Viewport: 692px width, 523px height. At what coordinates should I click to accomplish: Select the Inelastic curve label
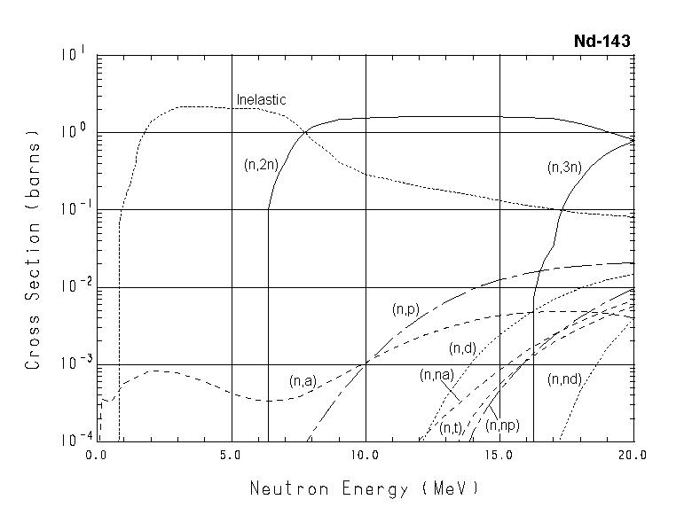tap(261, 100)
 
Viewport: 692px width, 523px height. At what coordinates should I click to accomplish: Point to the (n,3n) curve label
tap(564, 165)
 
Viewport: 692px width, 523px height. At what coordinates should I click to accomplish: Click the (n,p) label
tap(405, 309)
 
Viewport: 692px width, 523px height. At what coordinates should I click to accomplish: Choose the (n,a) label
tap(303, 381)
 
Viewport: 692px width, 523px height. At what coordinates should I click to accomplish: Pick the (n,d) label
tap(463, 347)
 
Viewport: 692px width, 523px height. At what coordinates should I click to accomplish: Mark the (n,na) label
tap(436, 375)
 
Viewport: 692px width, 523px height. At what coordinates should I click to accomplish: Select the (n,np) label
tap(503, 426)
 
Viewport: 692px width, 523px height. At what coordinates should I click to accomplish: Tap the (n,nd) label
tap(565, 379)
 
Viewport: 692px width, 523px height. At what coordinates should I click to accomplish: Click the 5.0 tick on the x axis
tap(231, 455)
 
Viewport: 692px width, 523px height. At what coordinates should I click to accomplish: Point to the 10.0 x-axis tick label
tap(366, 455)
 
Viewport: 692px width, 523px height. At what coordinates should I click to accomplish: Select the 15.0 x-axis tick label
tap(499, 455)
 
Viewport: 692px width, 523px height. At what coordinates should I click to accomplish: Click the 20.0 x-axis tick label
tap(633, 455)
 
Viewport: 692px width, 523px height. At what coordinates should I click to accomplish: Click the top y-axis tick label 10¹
tap(72, 54)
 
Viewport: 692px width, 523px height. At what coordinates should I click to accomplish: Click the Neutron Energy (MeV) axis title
tap(364, 488)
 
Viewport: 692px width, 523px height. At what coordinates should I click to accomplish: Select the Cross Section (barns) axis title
tap(34, 249)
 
